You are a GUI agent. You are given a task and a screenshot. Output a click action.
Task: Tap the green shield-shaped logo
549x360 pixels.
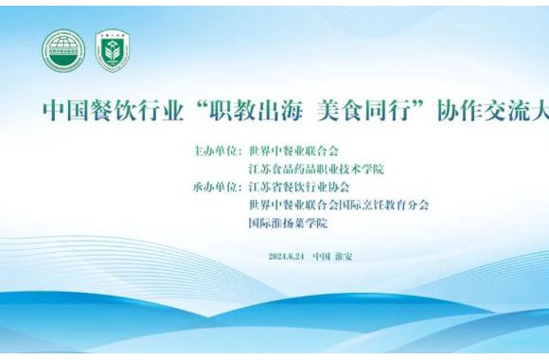[x=113, y=50]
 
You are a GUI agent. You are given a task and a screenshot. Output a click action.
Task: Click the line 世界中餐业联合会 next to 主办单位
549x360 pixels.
[x=293, y=151]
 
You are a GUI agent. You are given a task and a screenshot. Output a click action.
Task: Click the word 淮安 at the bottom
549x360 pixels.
[x=342, y=256]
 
